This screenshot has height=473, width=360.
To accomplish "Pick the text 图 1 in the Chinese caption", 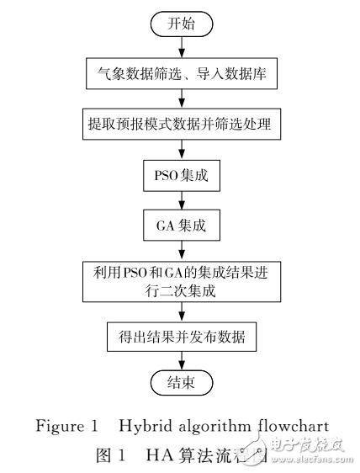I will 105,454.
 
